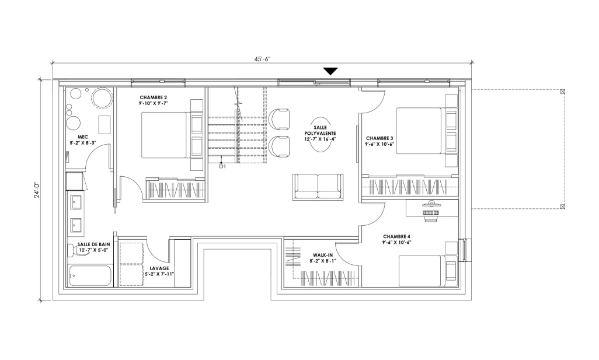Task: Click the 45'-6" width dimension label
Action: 263,59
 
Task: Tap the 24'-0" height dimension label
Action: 37,190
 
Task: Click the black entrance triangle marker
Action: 330,71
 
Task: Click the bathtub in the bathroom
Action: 90,275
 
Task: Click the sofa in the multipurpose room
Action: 318,187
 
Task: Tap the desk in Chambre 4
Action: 432,208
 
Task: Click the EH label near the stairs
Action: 222,166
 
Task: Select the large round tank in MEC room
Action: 102,97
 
